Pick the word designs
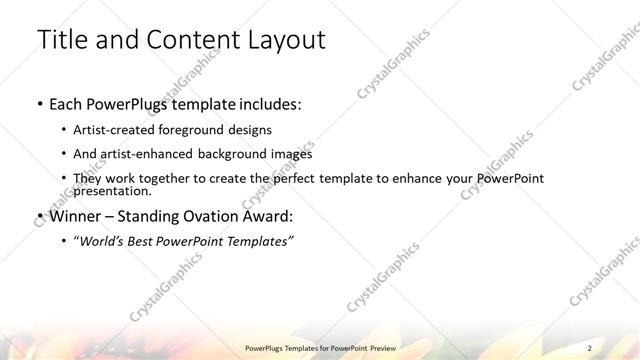[x=249, y=130]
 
